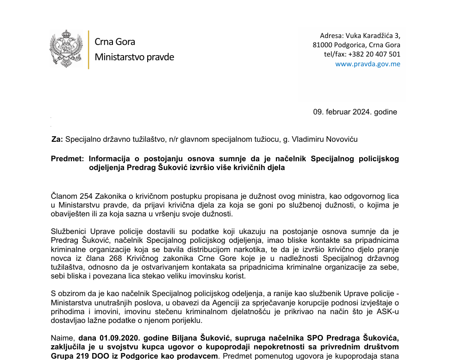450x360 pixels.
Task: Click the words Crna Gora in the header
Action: pyautogui.click(x=115, y=42)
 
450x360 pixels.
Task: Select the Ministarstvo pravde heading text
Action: pyautogui.click(x=134, y=57)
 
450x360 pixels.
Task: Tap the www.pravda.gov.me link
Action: pyautogui.click(x=368, y=64)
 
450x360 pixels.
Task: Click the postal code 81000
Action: pyautogui.click(x=323, y=45)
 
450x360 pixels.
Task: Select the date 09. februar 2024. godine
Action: pyautogui.click(x=355, y=112)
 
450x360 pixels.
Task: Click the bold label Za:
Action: pyautogui.click(x=57, y=139)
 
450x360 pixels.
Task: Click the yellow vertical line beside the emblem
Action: pyautogui.click(x=88, y=50)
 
